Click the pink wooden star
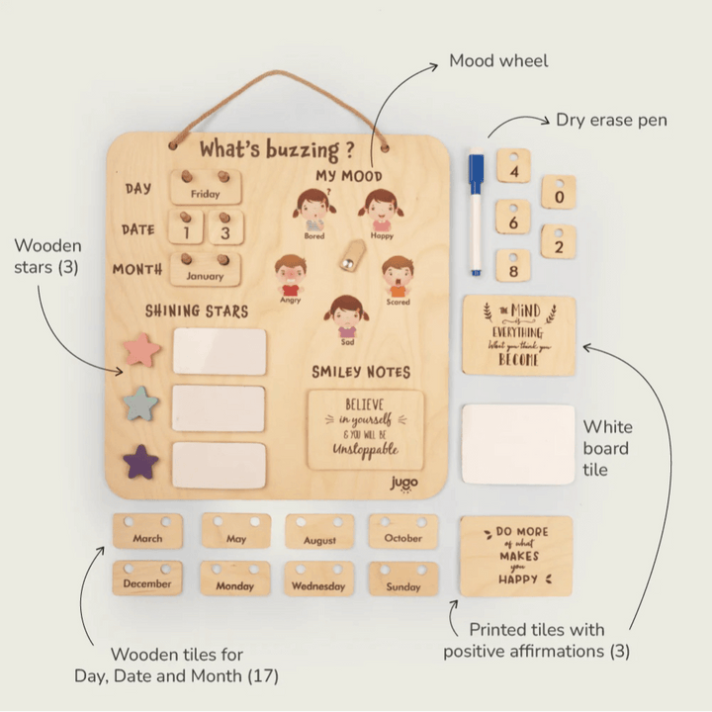pyautogui.click(x=140, y=349)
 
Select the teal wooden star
pyautogui.click(x=141, y=403)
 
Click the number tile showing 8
pyautogui.click(x=512, y=266)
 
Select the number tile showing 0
pyautogui.click(x=560, y=193)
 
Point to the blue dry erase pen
pyautogui.click(x=476, y=213)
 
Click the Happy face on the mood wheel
pyautogui.click(x=381, y=211)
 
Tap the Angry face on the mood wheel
pyautogui.click(x=290, y=276)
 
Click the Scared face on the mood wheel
pyautogui.click(x=397, y=277)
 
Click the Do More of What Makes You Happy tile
pyautogui.click(x=515, y=556)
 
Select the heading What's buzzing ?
pyautogui.click(x=276, y=150)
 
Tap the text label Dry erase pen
pyautogui.click(x=611, y=120)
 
